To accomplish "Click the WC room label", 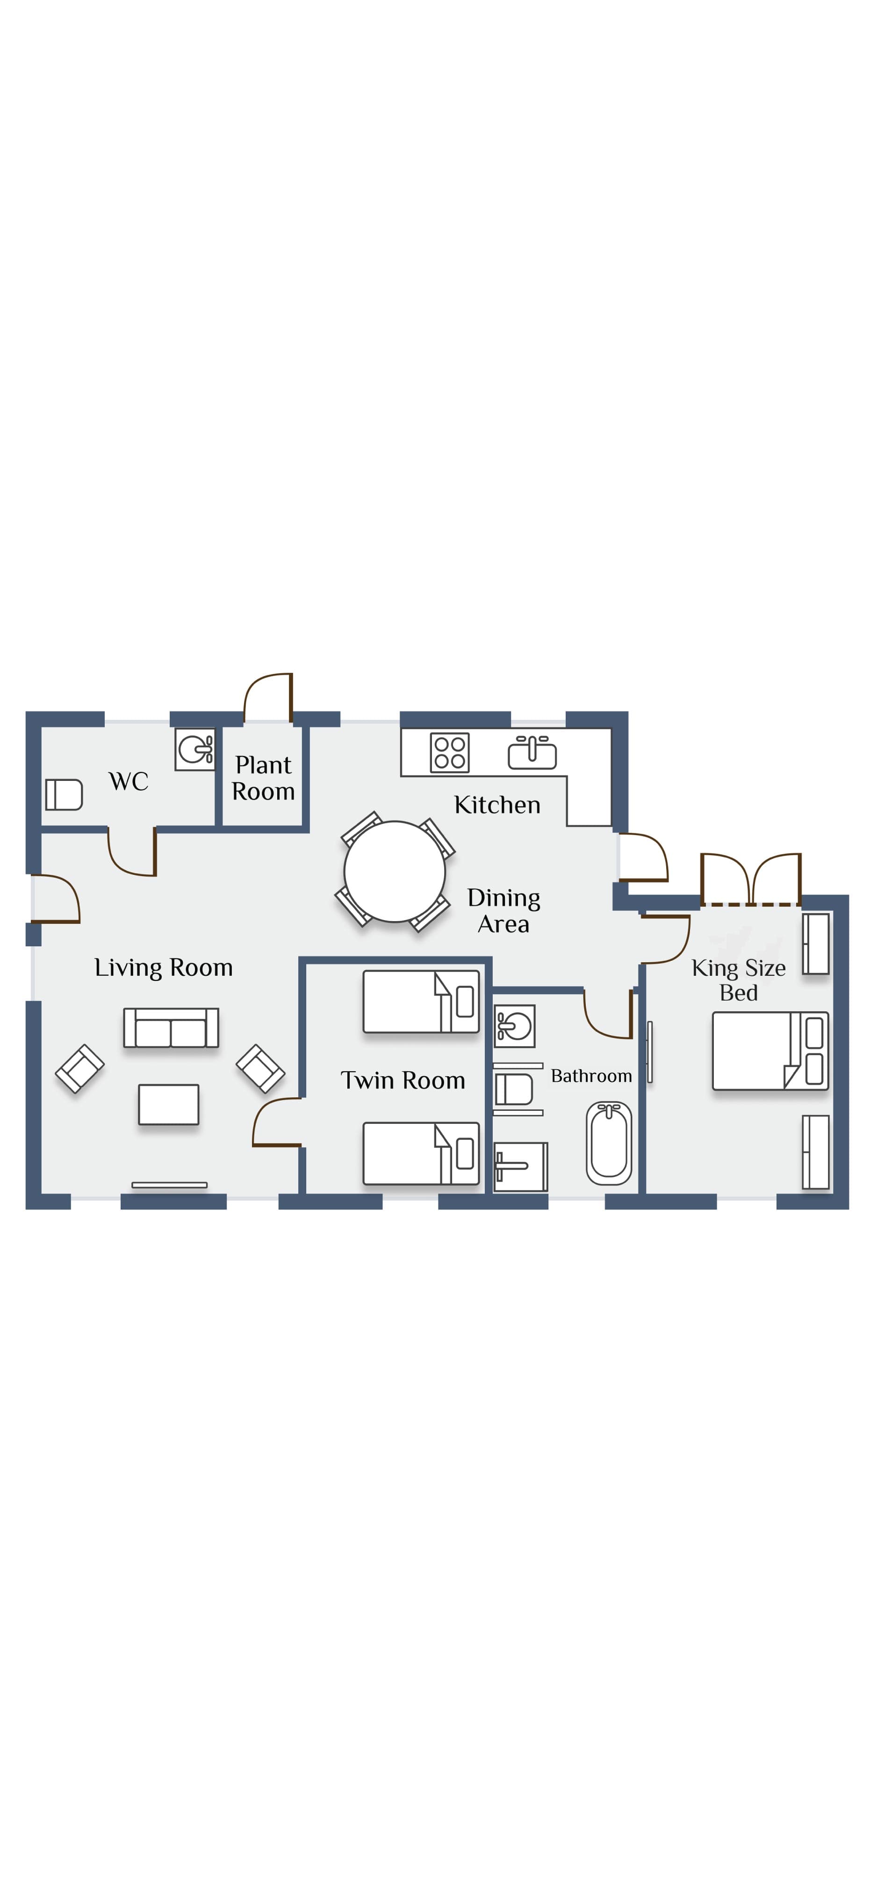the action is point(129,781).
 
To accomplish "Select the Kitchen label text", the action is point(497,805).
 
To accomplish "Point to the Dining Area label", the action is point(503,910).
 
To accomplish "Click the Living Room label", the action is point(164,967).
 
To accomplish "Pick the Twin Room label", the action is point(403,1080).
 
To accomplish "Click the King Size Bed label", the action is point(739,980).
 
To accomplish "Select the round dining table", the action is point(395,871).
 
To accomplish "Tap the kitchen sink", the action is point(532,752).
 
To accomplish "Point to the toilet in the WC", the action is point(64,794).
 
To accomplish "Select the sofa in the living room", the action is point(171,1027).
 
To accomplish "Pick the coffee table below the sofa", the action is point(169,1104).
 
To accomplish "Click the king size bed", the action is point(770,1051).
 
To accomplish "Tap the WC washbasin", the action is point(195,749).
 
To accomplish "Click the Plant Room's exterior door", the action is point(268,697).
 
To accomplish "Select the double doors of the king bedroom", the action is point(751,879).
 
